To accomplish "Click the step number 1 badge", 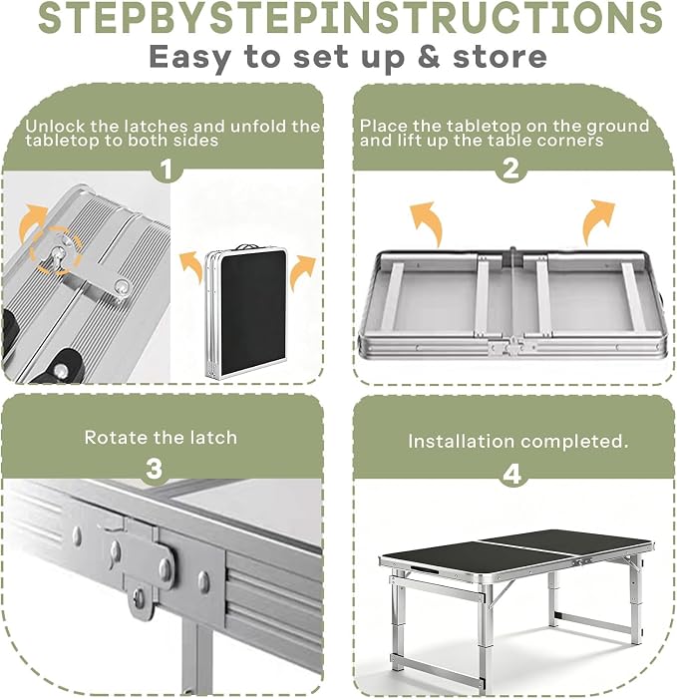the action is [x=166, y=170].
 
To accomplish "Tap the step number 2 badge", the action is [x=510, y=169].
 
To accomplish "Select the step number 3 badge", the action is [x=155, y=469].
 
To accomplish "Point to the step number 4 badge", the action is [x=511, y=475].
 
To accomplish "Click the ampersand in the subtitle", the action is [x=429, y=57].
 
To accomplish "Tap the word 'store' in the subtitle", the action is [x=500, y=57].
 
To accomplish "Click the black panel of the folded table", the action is [x=253, y=312].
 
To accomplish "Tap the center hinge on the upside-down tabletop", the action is [x=512, y=346].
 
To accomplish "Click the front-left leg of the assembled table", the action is [x=397, y=624].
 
